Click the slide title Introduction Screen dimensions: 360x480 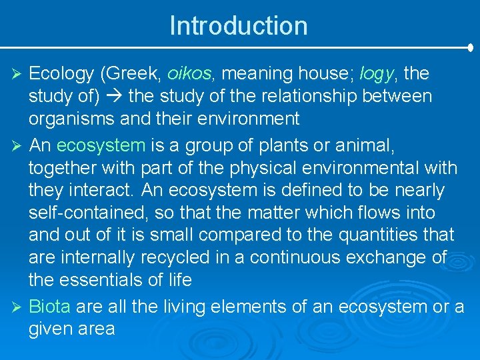[x=239, y=26]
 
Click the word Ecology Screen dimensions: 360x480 [x=57, y=73]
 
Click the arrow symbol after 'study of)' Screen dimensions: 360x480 [x=113, y=97]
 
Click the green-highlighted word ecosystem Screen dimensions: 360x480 [x=101, y=144]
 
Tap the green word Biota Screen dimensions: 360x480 [x=50, y=306]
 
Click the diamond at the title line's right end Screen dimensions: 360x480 [x=471, y=48]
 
